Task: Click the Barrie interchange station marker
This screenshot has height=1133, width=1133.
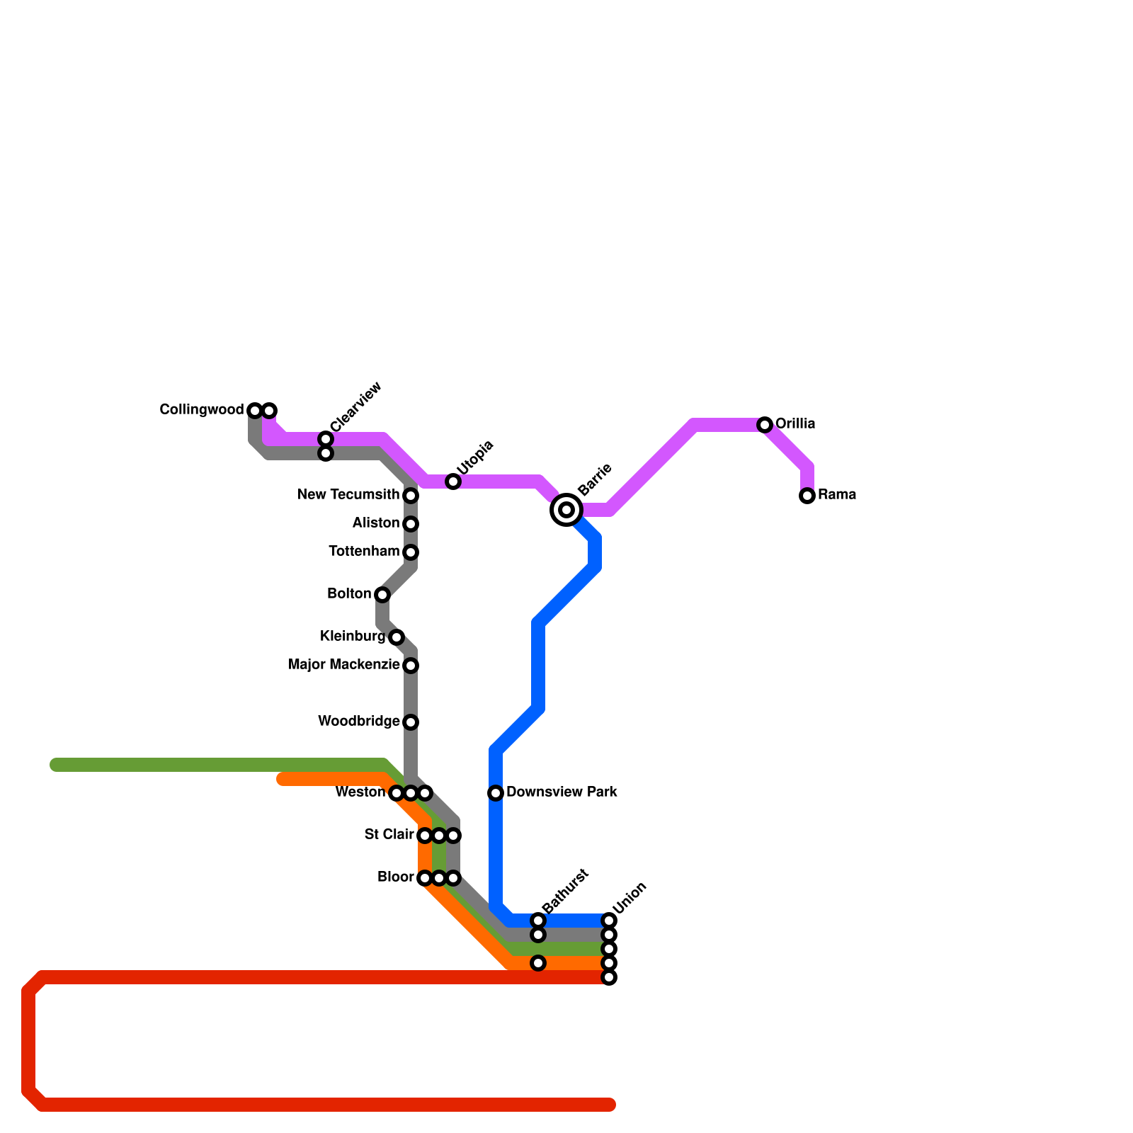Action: click(x=566, y=510)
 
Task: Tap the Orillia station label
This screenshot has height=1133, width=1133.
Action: click(x=795, y=424)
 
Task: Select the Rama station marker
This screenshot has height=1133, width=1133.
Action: click(x=807, y=496)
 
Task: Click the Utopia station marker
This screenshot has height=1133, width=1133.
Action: click(x=453, y=482)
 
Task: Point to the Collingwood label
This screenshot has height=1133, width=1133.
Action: click(x=202, y=410)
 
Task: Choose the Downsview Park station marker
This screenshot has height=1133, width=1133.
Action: click(x=496, y=793)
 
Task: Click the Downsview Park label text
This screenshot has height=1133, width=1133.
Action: click(x=562, y=792)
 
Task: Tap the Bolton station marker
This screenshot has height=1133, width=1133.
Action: click(x=382, y=595)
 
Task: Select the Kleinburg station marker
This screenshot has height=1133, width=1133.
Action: click(x=397, y=637)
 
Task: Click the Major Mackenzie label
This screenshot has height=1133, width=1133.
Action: click(x=343, y=665)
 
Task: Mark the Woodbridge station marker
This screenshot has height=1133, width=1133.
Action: click(x=411, y=722)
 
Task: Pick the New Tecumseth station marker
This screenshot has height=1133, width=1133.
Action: click(x=411, y=496)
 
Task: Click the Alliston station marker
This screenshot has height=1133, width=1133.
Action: click(x=411, y=524)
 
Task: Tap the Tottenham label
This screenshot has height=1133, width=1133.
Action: click(x=364, y=552)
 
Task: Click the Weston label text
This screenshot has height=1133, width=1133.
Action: click(x=360, y=792)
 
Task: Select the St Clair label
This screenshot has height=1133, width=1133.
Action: click(x=389, y=835)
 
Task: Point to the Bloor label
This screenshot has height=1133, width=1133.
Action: click(x=395, y=877)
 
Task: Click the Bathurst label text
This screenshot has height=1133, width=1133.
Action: click(x=565, y=891)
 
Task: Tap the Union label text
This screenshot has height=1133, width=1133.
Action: click(x=630, y=898)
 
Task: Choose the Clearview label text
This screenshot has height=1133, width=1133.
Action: click(x=356, y=407)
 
